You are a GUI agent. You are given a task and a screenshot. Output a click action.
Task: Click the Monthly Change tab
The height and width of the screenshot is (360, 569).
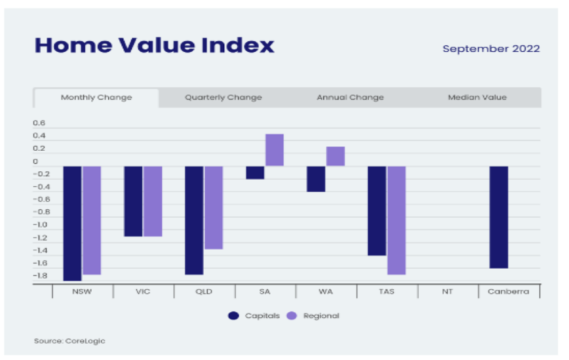(96, 98)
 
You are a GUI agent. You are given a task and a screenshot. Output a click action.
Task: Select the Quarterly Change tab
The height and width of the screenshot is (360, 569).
(223, 98)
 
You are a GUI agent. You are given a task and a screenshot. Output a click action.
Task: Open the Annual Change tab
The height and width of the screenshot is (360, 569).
(350, 98)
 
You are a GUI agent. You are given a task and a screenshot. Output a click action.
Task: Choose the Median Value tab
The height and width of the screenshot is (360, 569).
(477, 98)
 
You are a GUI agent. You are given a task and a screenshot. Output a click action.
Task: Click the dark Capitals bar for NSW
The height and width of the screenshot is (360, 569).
(72, 223)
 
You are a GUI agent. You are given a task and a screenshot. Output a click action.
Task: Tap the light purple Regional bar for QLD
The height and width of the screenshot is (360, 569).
(214, 207)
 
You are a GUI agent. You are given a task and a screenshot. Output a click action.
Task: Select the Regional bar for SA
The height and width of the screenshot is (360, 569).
(275, 150)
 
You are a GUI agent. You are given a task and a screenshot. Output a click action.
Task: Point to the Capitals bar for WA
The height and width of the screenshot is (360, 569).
(316, 178)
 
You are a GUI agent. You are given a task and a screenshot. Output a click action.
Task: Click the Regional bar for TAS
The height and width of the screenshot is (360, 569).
(397, 220)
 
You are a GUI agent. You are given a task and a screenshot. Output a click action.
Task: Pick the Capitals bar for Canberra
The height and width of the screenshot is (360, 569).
(499, 217)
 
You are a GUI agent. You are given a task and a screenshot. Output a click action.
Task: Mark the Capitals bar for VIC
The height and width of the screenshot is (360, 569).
(133, 201)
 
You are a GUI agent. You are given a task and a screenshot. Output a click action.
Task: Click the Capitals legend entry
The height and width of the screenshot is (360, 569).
(254, 316)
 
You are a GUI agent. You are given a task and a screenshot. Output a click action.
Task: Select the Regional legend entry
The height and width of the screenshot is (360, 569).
(313, 316)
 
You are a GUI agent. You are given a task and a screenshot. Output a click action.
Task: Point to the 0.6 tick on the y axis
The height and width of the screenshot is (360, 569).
(39, 123)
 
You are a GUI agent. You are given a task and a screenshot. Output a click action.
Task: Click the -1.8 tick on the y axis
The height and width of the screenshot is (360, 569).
(39, 275)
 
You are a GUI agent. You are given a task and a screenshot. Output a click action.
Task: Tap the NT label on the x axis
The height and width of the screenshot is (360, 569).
(447, 292)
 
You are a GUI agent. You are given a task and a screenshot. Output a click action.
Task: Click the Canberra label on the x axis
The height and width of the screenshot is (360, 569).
(508, 292)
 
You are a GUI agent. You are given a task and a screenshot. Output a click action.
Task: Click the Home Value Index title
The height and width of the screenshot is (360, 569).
(154, 46)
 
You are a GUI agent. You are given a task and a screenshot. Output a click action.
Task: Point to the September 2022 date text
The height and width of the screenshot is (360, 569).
(491, 49)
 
